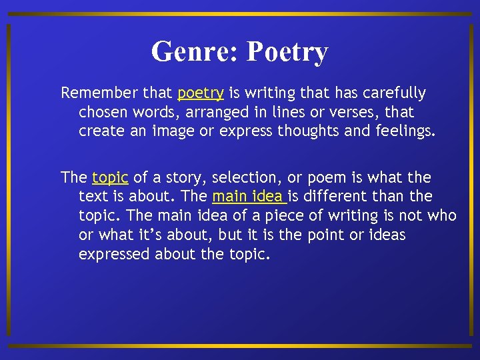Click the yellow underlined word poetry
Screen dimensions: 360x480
pos(200,93)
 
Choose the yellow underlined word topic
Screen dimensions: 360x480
pos(110,177)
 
